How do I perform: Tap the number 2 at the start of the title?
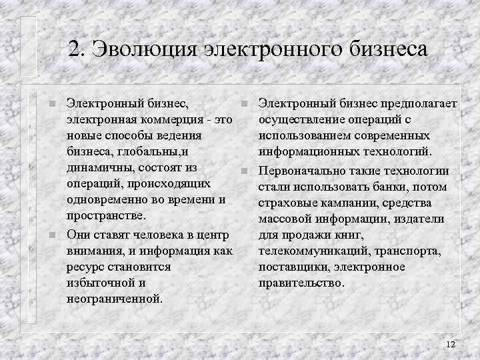point(74,50)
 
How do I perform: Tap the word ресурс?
point(86,266)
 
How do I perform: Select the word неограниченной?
point(114,298)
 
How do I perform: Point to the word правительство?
point(301,283)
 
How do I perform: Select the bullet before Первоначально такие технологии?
point(245,171)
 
